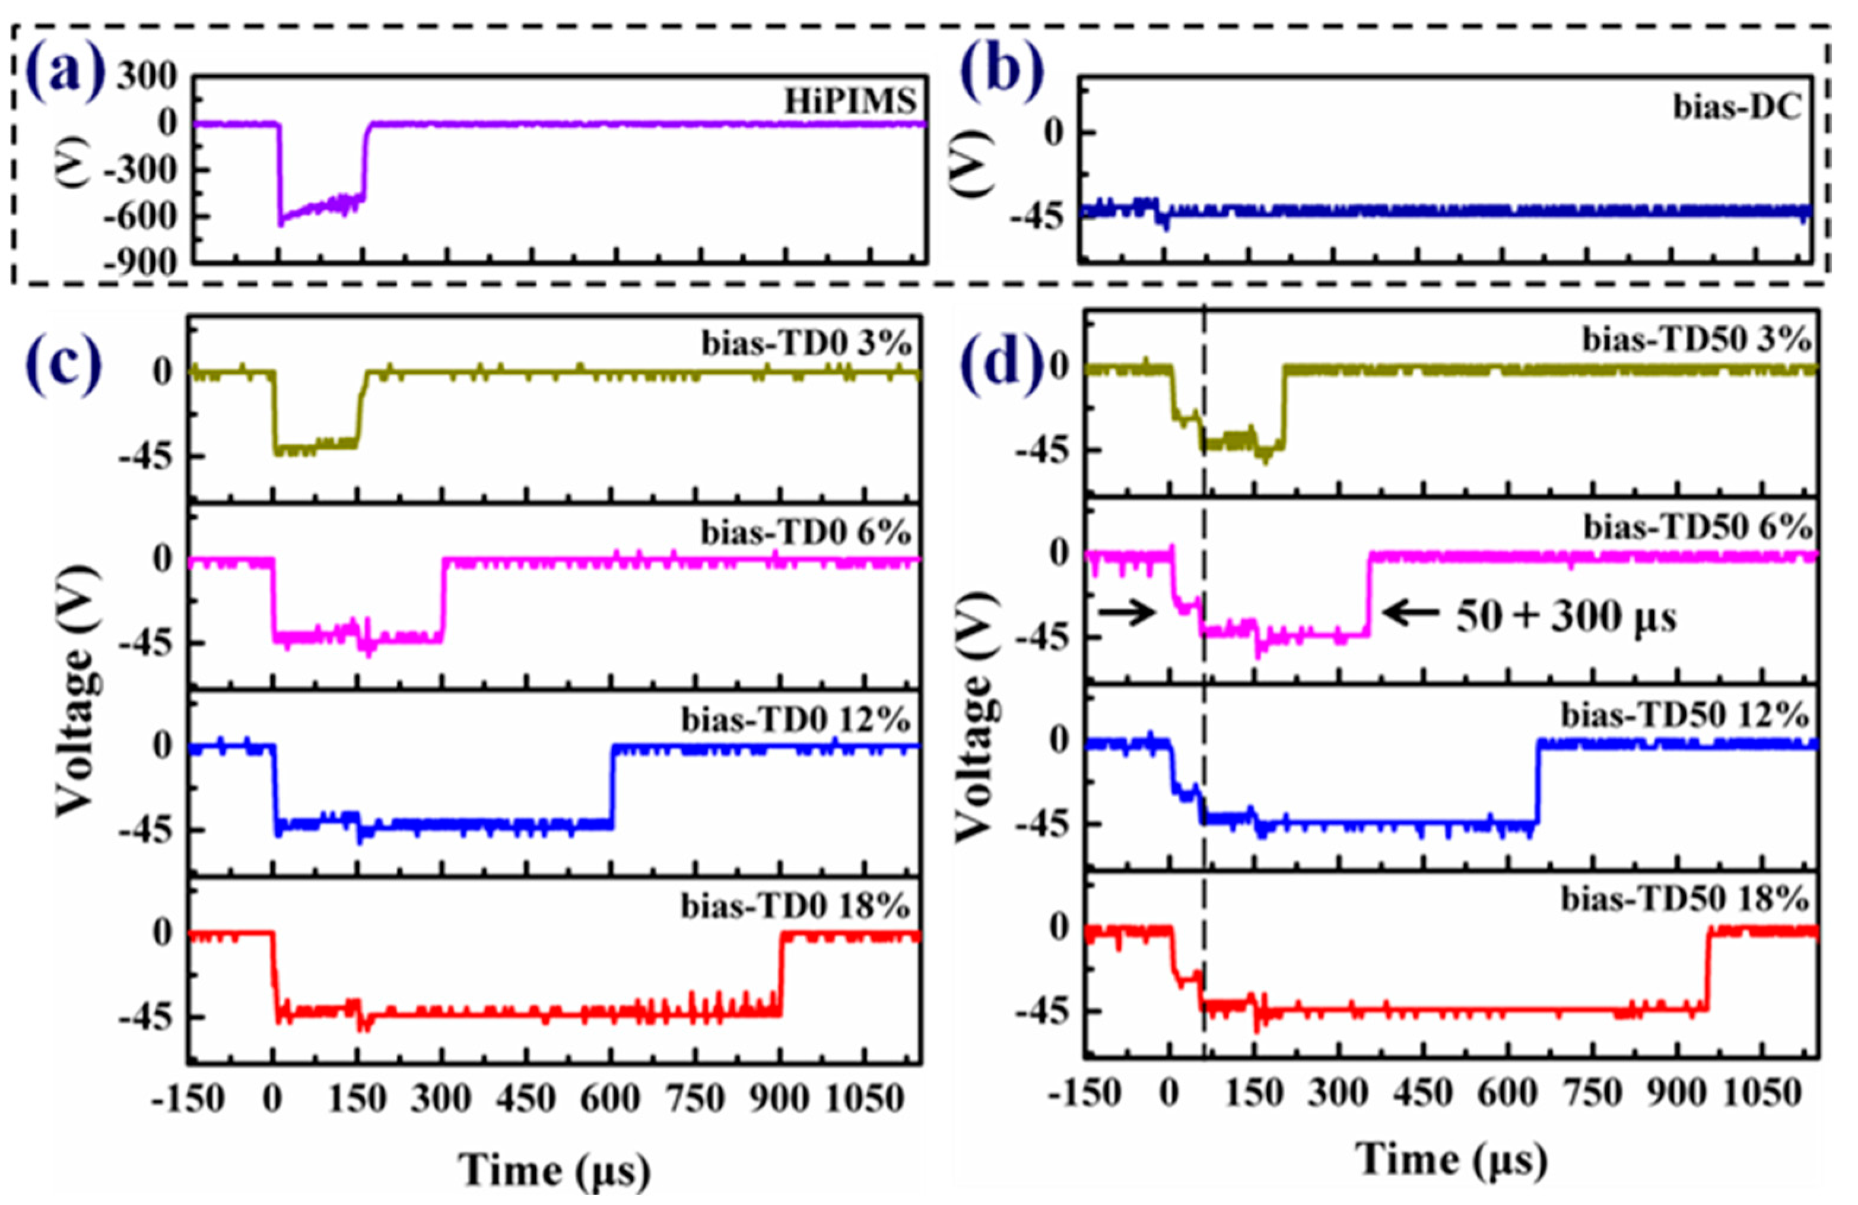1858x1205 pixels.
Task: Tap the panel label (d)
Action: pos(1002,364)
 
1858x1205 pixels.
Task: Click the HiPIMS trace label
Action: pos(849,102)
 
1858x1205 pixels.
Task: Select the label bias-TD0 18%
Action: pos(795,906)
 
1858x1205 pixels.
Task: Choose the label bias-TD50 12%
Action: pos(1685,715)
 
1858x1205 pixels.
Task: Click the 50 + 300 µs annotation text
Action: pos(1566,617)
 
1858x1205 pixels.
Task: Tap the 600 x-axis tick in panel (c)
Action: pos(611,1099)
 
